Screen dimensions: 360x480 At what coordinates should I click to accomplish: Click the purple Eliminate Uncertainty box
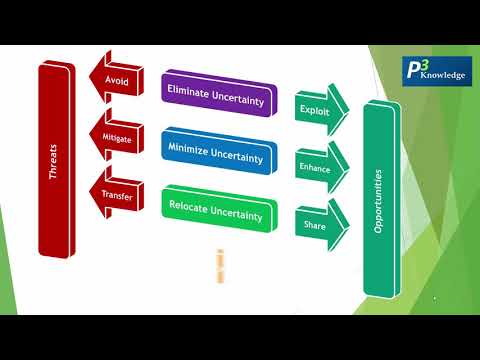(214, 89)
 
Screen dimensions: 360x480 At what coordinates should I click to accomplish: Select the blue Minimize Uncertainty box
(216, 153)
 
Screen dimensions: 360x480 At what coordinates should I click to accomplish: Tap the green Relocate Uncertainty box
(216, 213)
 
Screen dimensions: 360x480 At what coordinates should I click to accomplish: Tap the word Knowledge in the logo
(447, 76)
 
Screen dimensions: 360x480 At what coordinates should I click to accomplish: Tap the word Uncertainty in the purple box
(236, 90)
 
